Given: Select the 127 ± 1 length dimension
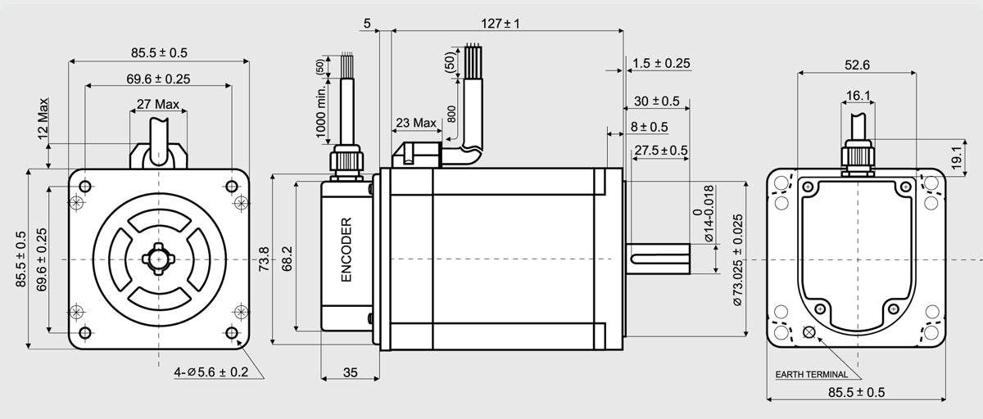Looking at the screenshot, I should [x=501, y=24].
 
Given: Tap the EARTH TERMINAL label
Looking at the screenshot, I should [x=812, y=375].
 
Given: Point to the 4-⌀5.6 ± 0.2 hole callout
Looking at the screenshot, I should [x=211, y=372].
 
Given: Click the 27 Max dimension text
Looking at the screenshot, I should [x=157, y=105].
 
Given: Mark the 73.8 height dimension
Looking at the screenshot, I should [x=264, y=256].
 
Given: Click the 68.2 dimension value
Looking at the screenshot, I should [x=288, y=256].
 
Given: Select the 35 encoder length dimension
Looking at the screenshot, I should [x=350, y=373].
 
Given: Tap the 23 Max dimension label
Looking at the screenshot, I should [x=415, y=123].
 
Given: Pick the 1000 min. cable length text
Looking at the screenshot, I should [x=321, y=111].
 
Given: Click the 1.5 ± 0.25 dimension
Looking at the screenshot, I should [x=661, y=63].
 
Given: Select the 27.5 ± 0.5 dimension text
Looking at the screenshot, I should [x=660, y=150].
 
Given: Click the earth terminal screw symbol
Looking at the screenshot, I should [x=810, y=331].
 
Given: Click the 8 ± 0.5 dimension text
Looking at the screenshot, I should [x=649, y=127].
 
